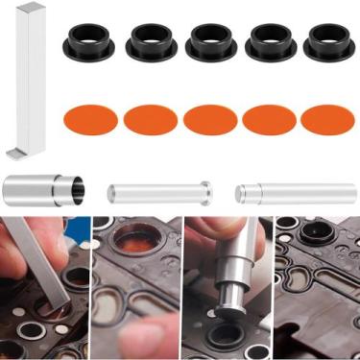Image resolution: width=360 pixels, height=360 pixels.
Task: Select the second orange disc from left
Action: tap(151, 119)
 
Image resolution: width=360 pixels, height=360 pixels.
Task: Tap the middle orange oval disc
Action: tap(210, 119)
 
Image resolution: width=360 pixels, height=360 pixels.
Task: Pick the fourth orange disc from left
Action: tap(270, 119)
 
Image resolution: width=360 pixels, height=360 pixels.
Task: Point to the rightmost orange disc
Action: tap(327, 119)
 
